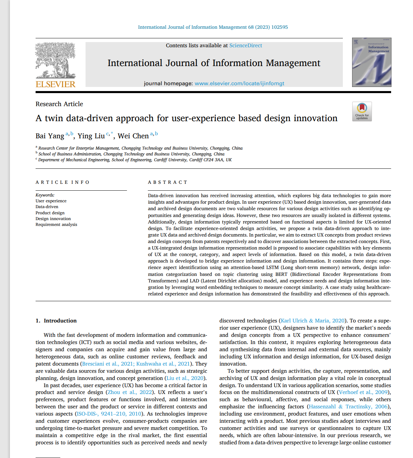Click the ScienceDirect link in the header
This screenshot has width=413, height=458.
[245, 46]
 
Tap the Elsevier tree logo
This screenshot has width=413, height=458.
[55, 60]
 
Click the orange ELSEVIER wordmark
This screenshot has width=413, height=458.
[55, 84]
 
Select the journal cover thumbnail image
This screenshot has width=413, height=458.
[371, 62]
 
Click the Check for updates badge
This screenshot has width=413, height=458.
[362, 111]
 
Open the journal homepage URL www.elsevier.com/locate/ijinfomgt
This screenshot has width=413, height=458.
[239, 84]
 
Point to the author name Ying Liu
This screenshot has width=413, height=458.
[91, 136]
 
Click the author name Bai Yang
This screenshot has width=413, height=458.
[50, 136]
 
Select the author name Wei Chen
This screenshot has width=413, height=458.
[133, 136]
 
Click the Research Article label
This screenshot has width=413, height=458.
[59, 104]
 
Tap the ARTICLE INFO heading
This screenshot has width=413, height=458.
[62, 182]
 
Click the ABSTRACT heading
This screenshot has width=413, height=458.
[168, 182]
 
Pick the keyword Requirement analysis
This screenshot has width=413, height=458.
[56, 225]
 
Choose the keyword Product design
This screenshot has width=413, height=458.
[50, 213]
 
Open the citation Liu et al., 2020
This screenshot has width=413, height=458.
[185, 378]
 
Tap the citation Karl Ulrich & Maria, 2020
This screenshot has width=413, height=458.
[312, 321]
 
